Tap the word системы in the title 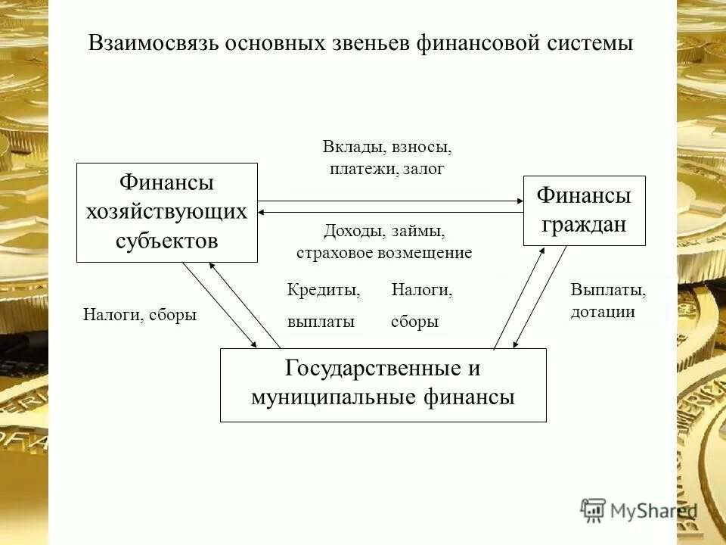click(x=589, y=43)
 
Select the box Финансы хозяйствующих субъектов click(x=167, y=212)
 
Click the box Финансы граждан click(x=584, y=210)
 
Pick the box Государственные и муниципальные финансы click(x=383, y=385)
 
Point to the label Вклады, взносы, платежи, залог click(x=386, y=157)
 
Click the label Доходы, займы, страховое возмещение click(x=384, y=241)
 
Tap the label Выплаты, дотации click(x=607, y=301)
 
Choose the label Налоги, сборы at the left click(x=139, y=315)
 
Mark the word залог click(x=423, y=169)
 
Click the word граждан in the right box click(x=584, y=225)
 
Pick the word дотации click(x=603, y=312)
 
